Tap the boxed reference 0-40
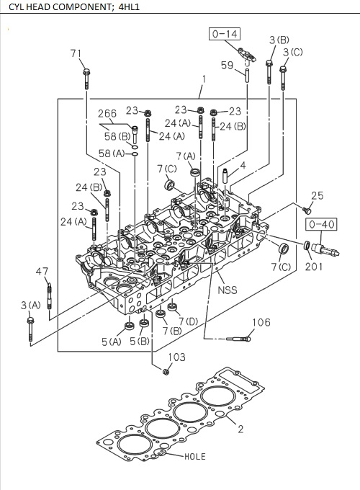(x=324, y=224)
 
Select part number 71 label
(x=76, y=53)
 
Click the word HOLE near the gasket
(x=194, y=456)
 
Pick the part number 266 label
(x=107, y=113)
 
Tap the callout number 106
(x=261, y=322)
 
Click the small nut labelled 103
(x=166, y=371)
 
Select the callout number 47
(x=42, y=271)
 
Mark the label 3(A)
(x=30, y=305)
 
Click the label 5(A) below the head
(x=111, y=341)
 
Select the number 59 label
(x=227, y=66)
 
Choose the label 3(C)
(x=292, y=53)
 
